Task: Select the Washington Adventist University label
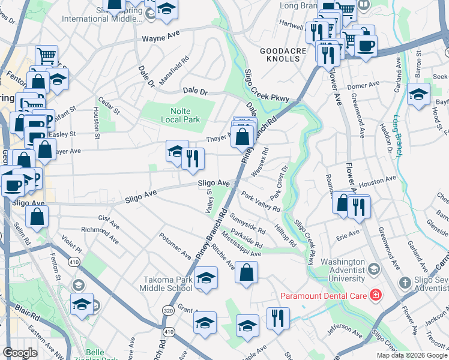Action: pos(342,271)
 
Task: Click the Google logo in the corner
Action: pos(20,353)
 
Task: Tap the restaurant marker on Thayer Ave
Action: pos(193,159)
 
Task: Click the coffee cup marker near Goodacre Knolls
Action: pos(366,46)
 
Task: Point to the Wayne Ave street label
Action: pos(161,38)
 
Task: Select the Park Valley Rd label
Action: pos(261,202)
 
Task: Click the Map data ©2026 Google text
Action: pos(412,355)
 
